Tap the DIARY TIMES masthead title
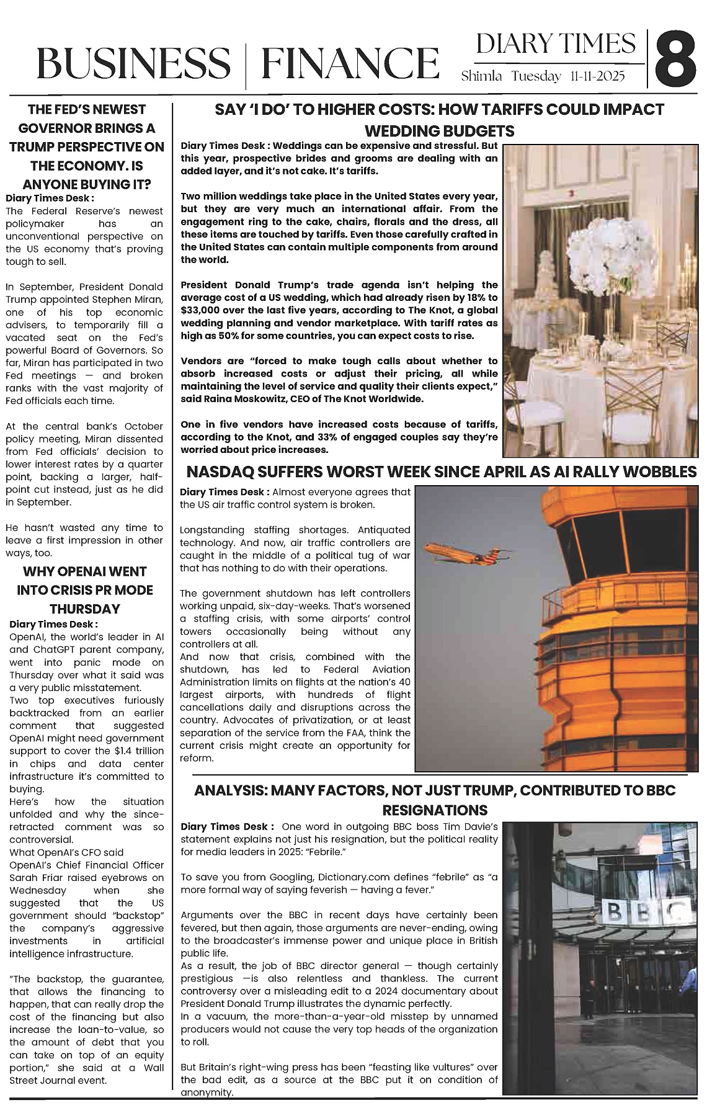(556, 44)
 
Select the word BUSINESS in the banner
(133, 64)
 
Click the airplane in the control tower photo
(455, 550)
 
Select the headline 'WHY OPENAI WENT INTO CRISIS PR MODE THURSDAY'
(85, 590)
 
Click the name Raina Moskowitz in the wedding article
(247, 399)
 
